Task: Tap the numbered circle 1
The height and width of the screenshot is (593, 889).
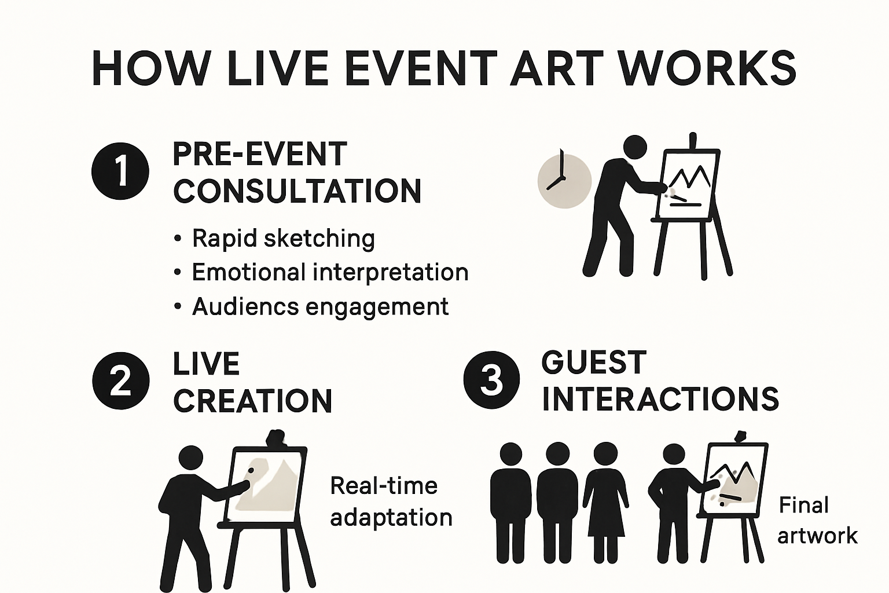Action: tap(120, 171)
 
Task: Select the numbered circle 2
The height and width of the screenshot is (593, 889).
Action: tap(120, 381)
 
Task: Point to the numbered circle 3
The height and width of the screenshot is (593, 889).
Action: tap(491, 380)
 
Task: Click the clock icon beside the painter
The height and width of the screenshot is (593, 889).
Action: tap(564, 180)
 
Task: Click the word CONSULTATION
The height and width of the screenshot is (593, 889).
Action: tap(297, 191)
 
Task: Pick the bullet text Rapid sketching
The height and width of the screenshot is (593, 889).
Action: tap(283, 238)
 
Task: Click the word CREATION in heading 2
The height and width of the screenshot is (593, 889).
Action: tap(253, 401)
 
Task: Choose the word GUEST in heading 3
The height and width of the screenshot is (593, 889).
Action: tap(594, 363)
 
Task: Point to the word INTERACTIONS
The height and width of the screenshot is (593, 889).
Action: tap(660, 399)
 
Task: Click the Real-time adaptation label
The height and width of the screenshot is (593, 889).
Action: tap(391, 501)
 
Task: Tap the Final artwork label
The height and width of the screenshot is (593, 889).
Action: tap(817, 520)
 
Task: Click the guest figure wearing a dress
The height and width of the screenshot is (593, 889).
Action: tap(605, 498)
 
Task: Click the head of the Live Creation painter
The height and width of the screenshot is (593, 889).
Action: tap(191, 458)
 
